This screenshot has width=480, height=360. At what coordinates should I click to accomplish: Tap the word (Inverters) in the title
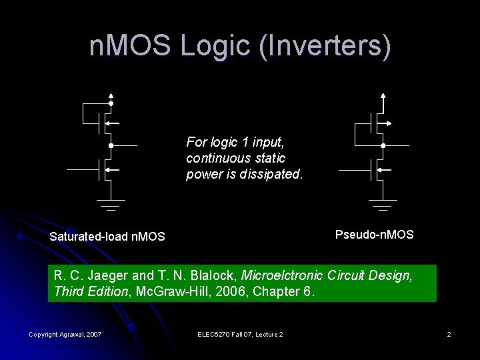coord(326,46)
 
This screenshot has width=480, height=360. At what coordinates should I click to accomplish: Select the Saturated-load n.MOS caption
coord(107,237)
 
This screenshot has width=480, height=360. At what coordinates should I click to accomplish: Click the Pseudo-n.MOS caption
coord(374,235)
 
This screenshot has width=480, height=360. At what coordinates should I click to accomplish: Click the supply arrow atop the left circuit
coord(111,95)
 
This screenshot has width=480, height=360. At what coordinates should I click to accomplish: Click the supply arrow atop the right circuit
coord(383,95)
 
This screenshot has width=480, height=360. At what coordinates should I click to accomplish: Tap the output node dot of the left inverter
coord(111,145)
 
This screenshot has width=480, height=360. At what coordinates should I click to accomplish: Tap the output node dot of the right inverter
coord(383,145)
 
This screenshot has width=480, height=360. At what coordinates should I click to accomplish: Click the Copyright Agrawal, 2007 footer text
coord(65,334)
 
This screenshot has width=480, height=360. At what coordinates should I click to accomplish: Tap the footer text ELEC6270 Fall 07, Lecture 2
coord(241,334)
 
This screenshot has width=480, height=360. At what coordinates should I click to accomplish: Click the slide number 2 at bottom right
coord(449,334)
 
